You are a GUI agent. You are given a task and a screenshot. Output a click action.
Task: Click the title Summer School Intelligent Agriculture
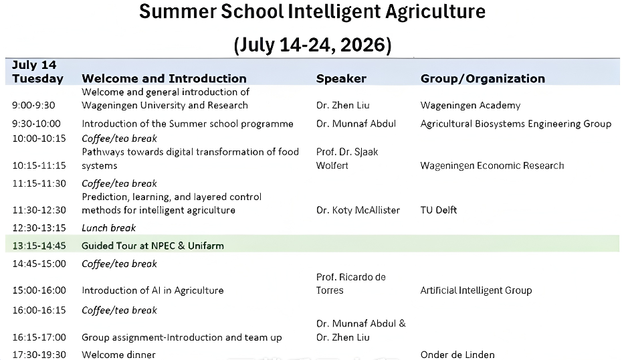pyautogui.click(x=312, y=11)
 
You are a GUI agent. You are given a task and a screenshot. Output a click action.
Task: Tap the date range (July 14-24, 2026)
pyautogui.click(x=312, y=45)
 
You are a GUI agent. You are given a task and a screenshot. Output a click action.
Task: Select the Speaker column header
pyautogui.click(x=341, y=78)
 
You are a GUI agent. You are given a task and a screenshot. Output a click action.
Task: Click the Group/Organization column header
pyautogui.click(x=483, y=78)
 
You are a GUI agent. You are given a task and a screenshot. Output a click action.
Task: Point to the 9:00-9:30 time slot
pyautogui.click(x=34, y=106)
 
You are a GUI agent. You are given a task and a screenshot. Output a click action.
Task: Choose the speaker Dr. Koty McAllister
pyautogui.click(x=358, y=210)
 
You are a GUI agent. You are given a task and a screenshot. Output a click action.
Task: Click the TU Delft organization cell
pyautogui.click(x=439, y=210)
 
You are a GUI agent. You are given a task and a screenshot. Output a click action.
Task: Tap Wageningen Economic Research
pyautogui.click(x=492, y=166)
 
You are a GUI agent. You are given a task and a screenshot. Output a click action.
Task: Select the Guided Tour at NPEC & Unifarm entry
pyautogui.click(x=152, y=246)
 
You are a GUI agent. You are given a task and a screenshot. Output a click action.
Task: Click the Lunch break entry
pyautogui.click(x=108, y=228)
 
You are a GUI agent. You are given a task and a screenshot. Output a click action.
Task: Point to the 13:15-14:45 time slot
pyautogui.click(x=39, y=246)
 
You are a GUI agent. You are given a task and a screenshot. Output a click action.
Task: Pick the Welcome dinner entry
pyautogui.click(x=118, y=355)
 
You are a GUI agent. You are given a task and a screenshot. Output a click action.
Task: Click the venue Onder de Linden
pyautogui.click(x=457, y=355)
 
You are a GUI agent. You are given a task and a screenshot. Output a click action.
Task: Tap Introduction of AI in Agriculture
pyautogui.click(x=152, y=290)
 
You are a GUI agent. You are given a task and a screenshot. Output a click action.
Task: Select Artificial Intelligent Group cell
pyautogui.click(x=476, y=290)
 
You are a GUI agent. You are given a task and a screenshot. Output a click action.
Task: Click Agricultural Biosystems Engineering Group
pyautogui.click(x=516, y=124)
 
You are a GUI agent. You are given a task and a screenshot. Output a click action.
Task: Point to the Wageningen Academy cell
pyautogui.click(x=470, y=106)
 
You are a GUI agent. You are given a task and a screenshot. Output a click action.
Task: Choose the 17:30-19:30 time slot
pyautogui.click(x=39, y=355)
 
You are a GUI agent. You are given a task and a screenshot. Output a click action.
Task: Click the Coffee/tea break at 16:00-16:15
pyautogui.click(x=120, y=310)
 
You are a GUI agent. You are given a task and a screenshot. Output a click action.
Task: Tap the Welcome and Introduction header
pyautogui.click(x=164, y=78)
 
